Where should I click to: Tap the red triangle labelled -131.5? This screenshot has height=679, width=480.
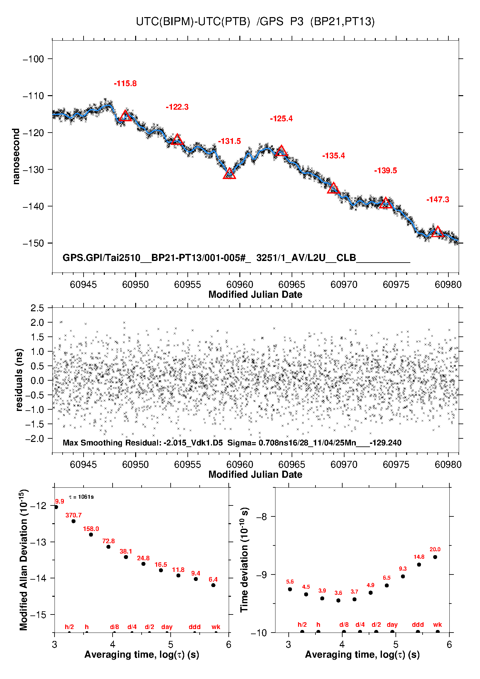[229, 174]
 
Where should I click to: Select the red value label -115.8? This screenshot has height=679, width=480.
[125, 84]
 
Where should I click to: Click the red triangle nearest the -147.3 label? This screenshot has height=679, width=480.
[437, 232]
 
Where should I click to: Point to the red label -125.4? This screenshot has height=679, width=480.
[281, 119]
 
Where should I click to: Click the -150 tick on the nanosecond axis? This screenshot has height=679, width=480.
[33, 243]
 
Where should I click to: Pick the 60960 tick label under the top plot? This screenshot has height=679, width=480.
[240, 285]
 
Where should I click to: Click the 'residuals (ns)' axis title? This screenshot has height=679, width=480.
[19, 380]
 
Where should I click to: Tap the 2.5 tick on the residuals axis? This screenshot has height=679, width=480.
[37, 308]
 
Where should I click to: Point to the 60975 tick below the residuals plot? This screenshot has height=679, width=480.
[396, 464]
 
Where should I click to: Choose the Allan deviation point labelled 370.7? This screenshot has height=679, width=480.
[74, 521]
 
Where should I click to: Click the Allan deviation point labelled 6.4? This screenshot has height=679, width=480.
[213, 585]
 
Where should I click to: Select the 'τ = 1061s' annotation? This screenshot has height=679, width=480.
[81, 497]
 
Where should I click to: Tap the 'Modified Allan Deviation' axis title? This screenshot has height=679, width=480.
[23, 560]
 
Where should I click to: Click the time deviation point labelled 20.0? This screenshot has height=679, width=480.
[435, 557]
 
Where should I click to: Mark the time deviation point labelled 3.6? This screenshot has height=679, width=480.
[338, 600]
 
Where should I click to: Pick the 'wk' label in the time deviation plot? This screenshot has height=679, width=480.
[437, 625]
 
